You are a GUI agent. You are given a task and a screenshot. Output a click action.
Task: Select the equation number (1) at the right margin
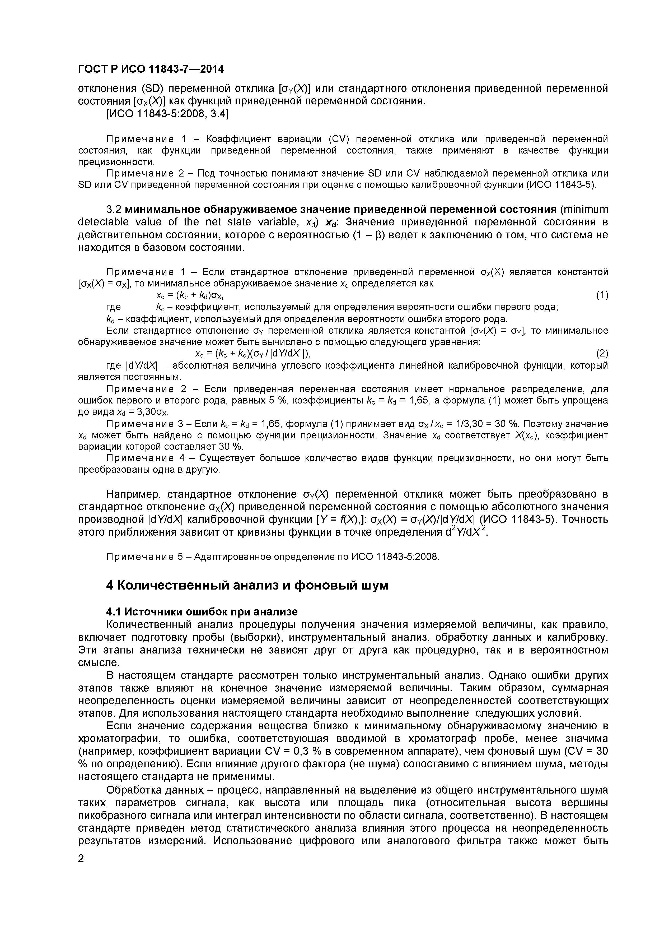click(602, 295)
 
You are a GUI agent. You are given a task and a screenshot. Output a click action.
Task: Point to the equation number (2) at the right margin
click(602, 354)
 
